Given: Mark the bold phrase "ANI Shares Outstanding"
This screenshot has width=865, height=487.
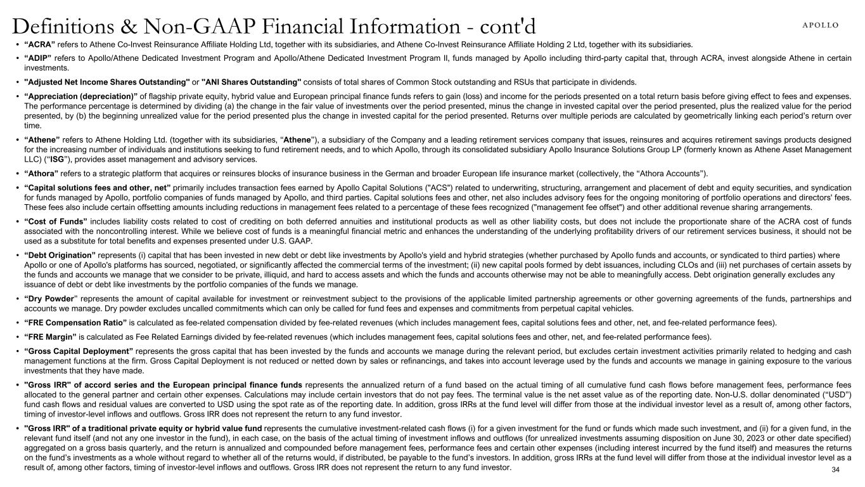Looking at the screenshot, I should point(251,82).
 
